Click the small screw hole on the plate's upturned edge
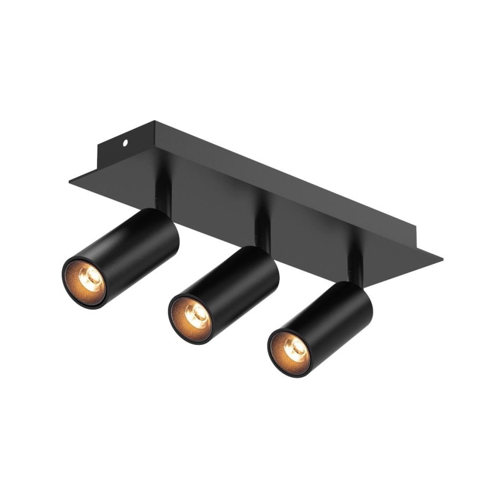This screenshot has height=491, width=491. (126, 142)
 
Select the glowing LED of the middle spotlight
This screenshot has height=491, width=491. (195, 315)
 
